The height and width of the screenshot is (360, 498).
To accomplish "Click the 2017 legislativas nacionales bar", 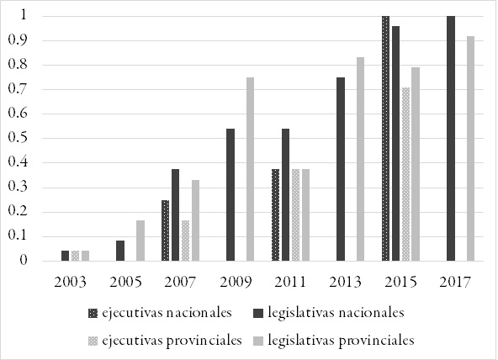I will [x=451, y=138].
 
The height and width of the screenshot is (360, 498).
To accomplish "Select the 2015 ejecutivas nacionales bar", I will [x=385, y=138].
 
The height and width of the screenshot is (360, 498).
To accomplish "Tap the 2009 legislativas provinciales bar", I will [x=250, y=169].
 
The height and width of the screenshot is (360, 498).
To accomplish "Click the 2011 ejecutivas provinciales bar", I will [x=296, y=214].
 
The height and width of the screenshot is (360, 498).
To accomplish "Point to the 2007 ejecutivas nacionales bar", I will [x=165, y=230].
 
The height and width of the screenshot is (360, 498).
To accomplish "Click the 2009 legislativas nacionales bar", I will [x=230, y=194].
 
